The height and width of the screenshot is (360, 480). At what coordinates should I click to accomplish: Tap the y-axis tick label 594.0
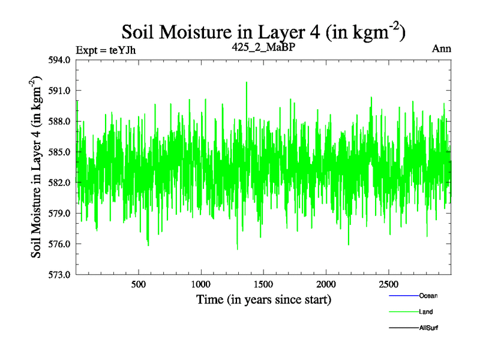tap(60, 60)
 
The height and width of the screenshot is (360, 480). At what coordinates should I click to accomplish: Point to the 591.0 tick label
tap(60, 91)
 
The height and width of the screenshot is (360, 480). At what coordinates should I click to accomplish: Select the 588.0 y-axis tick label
tap(60, 121)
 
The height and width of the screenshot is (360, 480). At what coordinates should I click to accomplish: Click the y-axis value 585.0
tap(60, 152)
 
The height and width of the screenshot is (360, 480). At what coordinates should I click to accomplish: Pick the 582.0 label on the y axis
tap(60, 182)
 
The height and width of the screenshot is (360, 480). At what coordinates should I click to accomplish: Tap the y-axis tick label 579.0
tap(60, 213)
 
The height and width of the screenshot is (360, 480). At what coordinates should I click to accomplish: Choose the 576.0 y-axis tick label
tap(60, 244)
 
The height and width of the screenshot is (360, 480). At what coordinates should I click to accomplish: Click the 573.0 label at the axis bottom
tap(60, 274)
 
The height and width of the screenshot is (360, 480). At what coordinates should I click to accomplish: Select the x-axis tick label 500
tap(139, 284)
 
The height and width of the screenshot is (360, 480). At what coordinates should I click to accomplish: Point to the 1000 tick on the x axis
tap(201, 284)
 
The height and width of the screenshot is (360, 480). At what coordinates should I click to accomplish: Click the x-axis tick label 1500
tap(263, 284)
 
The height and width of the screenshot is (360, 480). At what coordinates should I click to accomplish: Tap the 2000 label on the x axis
tap(326, 284)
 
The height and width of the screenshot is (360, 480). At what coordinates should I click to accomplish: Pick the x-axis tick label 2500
tap(388, 284)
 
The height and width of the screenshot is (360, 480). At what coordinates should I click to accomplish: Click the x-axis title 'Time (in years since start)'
tap(263, 299)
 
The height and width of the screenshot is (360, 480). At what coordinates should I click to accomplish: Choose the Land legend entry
tap(425, 312)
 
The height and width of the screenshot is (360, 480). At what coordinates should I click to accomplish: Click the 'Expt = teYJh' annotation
tap(106, 50)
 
